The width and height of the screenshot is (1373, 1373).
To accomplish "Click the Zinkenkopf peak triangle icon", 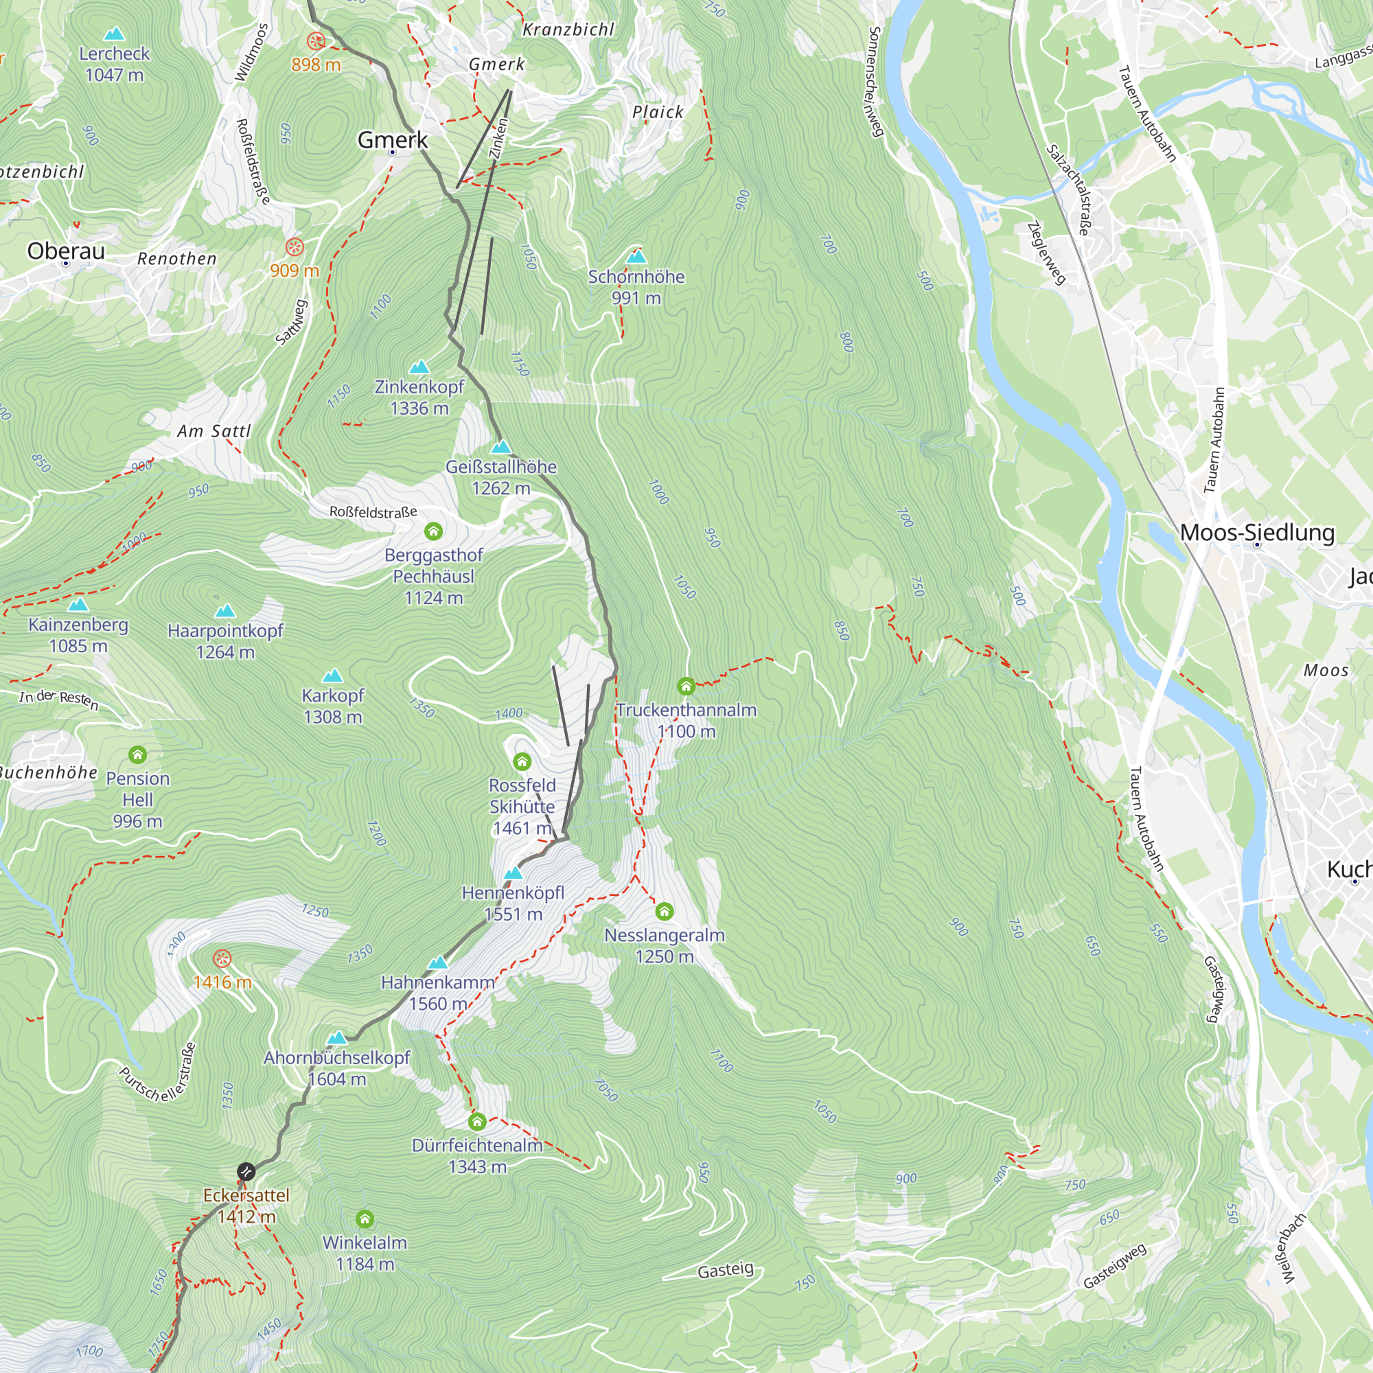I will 419,367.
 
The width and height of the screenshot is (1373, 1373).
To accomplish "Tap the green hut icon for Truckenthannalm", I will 686,686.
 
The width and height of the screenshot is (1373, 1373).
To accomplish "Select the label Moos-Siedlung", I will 1256,532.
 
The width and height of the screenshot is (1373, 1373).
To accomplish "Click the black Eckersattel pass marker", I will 246,1171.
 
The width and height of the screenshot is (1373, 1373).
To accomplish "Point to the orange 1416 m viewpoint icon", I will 222,958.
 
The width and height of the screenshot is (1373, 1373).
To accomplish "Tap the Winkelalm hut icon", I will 365,1219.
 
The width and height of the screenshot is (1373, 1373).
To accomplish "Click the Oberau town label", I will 66,251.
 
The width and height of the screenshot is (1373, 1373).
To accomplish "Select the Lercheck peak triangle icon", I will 114,34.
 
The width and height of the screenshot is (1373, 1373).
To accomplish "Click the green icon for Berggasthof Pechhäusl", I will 433,531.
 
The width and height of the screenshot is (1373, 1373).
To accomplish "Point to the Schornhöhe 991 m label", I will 636,286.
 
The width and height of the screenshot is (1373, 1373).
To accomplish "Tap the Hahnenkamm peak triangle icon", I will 438,963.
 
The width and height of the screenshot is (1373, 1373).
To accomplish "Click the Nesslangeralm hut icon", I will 665,911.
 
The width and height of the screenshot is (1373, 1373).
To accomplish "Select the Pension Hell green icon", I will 138,754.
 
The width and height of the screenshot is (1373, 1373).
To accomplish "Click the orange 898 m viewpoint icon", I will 316,41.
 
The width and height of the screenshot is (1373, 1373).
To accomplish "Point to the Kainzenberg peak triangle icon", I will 78,605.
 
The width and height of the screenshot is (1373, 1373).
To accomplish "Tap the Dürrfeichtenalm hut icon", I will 477,1122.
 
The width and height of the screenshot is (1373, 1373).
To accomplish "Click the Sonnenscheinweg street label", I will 875,82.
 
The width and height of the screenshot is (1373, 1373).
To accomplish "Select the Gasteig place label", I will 725,1270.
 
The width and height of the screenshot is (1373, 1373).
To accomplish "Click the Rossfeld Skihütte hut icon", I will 522,762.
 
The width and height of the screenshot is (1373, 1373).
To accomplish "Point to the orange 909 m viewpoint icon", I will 295,247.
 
